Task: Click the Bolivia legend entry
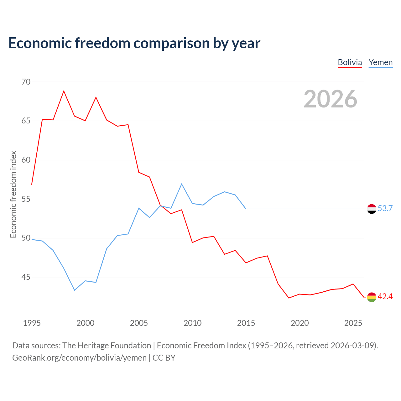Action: point(350,63)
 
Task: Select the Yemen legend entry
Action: point(380,63)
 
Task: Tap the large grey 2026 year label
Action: point(331,99)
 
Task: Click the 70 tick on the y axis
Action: point(26,82)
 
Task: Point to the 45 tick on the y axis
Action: point(26,277)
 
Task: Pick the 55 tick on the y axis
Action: point(26,199)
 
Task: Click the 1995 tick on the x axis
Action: point(32,323)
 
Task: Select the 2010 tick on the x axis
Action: point(192,323)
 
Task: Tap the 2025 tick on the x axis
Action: point(353,323)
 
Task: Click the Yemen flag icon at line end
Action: point(372,209)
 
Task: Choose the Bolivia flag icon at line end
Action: point(372,297)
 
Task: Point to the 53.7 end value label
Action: point(385,209)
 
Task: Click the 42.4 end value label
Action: point(385,297)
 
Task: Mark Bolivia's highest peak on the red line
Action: point(64,91)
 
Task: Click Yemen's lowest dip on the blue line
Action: point(75,290)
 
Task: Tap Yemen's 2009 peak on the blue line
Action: point(182,184)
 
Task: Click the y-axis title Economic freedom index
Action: point(13,195)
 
